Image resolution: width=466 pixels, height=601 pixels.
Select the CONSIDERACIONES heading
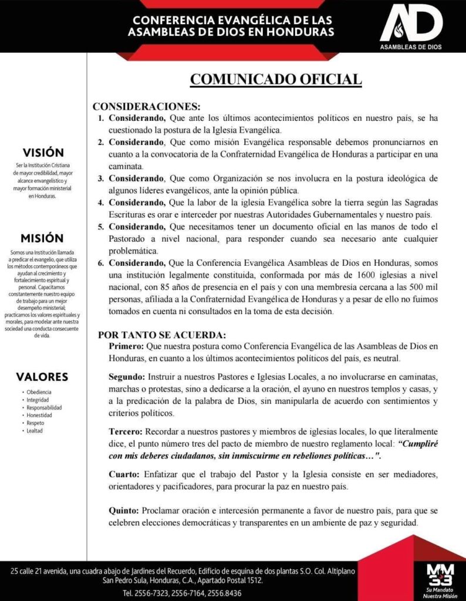point(147,107)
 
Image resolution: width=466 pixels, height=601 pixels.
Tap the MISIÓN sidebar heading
point(42,238)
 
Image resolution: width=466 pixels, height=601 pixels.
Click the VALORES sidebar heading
point(42,377)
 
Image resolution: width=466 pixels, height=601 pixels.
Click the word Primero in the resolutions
point(126,346)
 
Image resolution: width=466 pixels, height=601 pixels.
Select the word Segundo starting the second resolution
point(126,376)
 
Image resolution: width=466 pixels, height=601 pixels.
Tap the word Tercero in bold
point(125,431)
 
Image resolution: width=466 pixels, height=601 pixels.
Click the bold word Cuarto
point(123,474)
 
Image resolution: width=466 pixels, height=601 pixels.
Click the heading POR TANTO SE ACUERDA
point(161,335)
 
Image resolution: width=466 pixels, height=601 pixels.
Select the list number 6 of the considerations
point(101,263)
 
